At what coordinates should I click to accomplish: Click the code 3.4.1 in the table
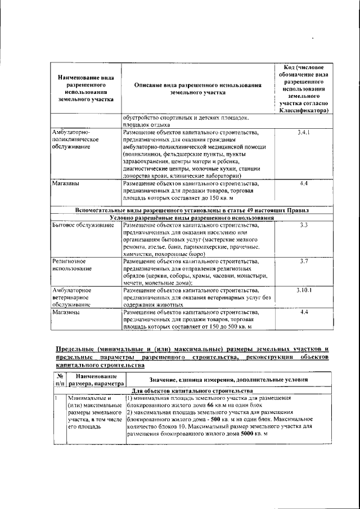tap(303, 133)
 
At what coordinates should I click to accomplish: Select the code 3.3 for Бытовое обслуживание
tap(303, 225)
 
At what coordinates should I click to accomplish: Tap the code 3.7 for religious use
tap(303, 262)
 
